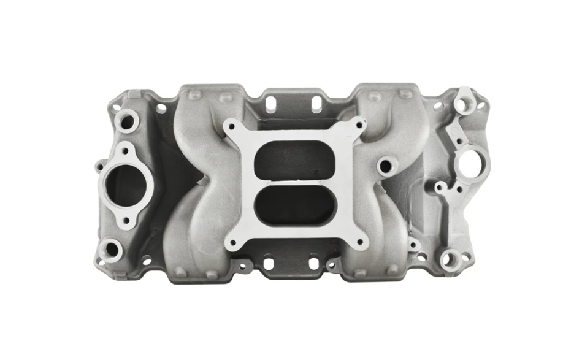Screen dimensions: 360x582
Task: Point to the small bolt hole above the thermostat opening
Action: [126, 150]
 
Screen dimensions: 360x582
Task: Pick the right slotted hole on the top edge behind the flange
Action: [315, 104]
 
